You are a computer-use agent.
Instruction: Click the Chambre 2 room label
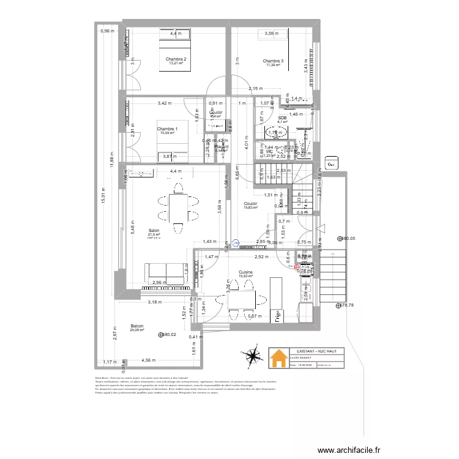point(176,59)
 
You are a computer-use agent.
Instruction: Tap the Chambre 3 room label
point(273,61)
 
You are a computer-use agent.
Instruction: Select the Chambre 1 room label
point(166,129)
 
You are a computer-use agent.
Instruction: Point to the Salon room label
point(153,231)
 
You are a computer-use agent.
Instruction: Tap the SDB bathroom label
point(282,118)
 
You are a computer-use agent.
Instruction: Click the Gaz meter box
point(332,164)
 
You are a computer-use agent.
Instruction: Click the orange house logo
point(279,358)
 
